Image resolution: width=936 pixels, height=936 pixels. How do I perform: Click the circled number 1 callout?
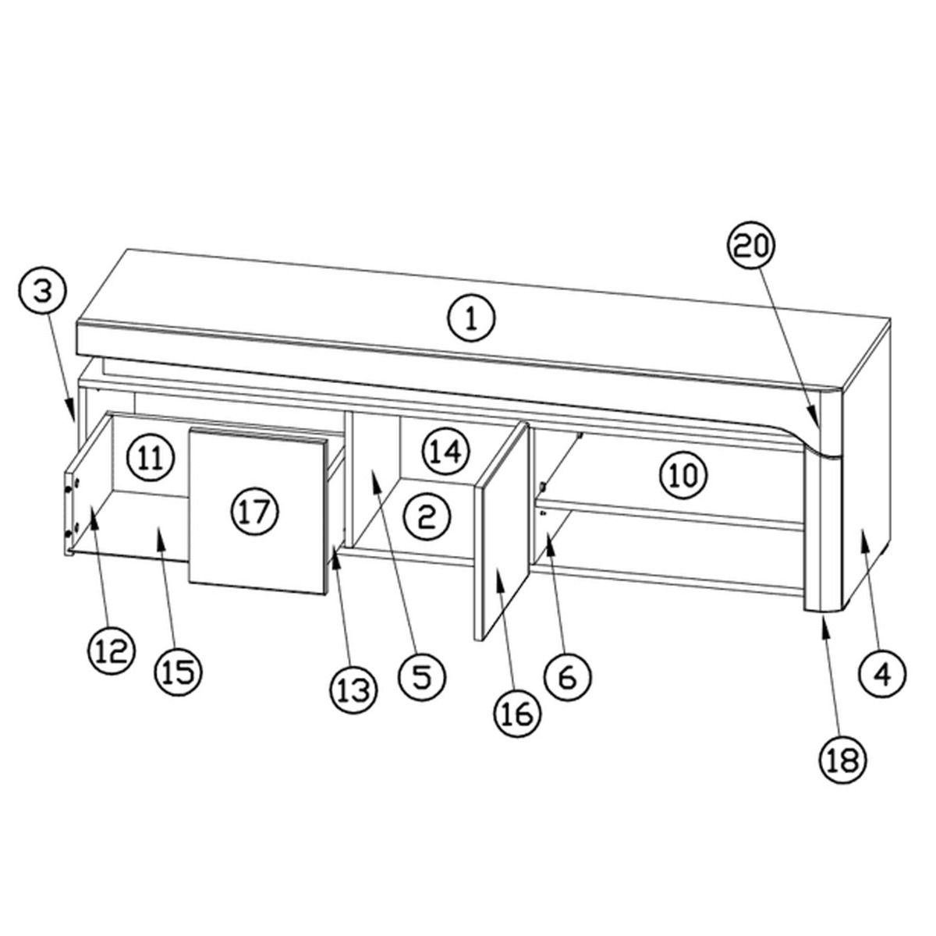(470, 319)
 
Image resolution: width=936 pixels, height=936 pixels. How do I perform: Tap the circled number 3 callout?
(43, 293)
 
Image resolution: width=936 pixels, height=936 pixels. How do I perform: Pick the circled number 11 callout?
(151, 457)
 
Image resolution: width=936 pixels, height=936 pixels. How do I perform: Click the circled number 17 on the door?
(256, 511)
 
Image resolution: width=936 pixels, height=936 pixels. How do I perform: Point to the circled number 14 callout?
(446, 452)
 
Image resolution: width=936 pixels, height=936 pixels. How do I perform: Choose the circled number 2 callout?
(427, 517)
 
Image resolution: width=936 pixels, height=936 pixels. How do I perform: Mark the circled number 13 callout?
(355, 689)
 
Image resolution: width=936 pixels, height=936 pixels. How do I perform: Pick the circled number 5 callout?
(422, 675)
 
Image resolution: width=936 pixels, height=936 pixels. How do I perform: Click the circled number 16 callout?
(518, 714)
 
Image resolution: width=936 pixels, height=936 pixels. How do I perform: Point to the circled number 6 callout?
(567, 675)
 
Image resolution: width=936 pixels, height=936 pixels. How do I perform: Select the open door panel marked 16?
(501, 531)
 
